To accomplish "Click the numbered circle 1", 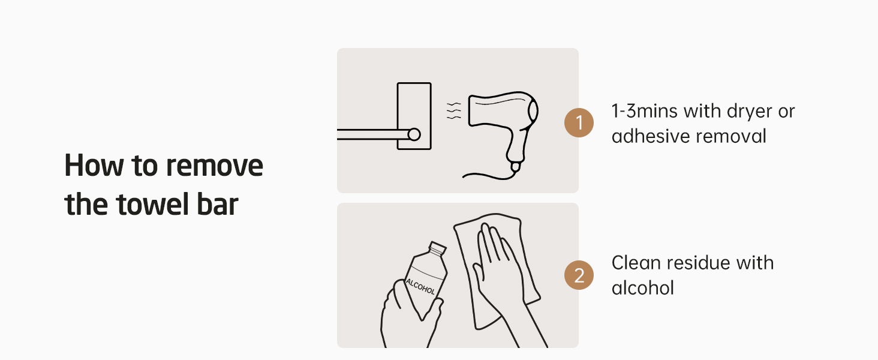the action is pyautogui.click(x=579, y=123).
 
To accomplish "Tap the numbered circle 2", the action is pyautogui.click(x=579, y=275).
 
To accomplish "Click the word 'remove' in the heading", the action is pyautogui.click(x=215, y=166).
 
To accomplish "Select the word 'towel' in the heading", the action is pyautogui.click(x=152, y=205).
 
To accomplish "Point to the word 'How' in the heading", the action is pyautogui.click(x=94, y=166).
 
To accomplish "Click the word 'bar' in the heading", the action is pyautogui.click(x=218, y=205).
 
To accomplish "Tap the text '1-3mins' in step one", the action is pyautogui.click(x=644, y=112).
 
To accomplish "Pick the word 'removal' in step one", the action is pyautogui.click(x=730, y=136).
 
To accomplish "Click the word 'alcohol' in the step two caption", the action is pyautogui.click(x=643, y=288).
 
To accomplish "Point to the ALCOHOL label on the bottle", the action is pyautogui.click(x=420, y=287).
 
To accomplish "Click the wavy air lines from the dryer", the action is pyautogui.click(x=454, y=110).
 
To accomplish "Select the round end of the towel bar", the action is pyautogui.click(x=414, y=134).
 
